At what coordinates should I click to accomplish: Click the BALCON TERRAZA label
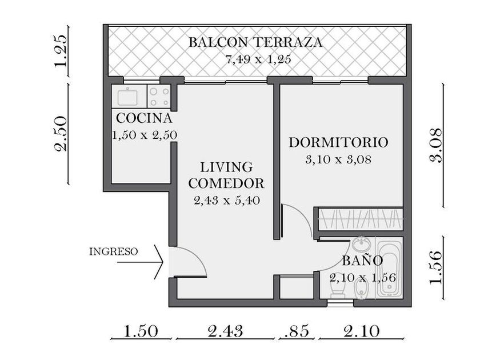pos(255,42)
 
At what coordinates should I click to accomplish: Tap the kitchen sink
pos(127,96)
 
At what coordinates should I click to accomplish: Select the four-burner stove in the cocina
pos(159,97)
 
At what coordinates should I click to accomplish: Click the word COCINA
pos(144,118)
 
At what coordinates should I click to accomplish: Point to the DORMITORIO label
pos(338,143)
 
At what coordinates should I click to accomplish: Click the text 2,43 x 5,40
pos(227,201)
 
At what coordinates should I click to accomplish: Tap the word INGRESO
pos(113,251)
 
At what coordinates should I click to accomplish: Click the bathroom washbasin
pos(361,245)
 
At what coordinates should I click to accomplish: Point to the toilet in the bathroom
pos(338,288)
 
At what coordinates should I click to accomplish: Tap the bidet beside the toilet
pos(361,290)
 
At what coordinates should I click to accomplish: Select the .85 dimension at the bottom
pos(297,331)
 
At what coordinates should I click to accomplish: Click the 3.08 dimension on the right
pos(436,145)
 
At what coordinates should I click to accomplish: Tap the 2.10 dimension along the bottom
pos(362,331)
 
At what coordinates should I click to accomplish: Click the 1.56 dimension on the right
pos(436,268)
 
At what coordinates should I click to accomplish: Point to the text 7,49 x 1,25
pos(258,59)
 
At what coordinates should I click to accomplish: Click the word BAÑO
pos(362,260)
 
